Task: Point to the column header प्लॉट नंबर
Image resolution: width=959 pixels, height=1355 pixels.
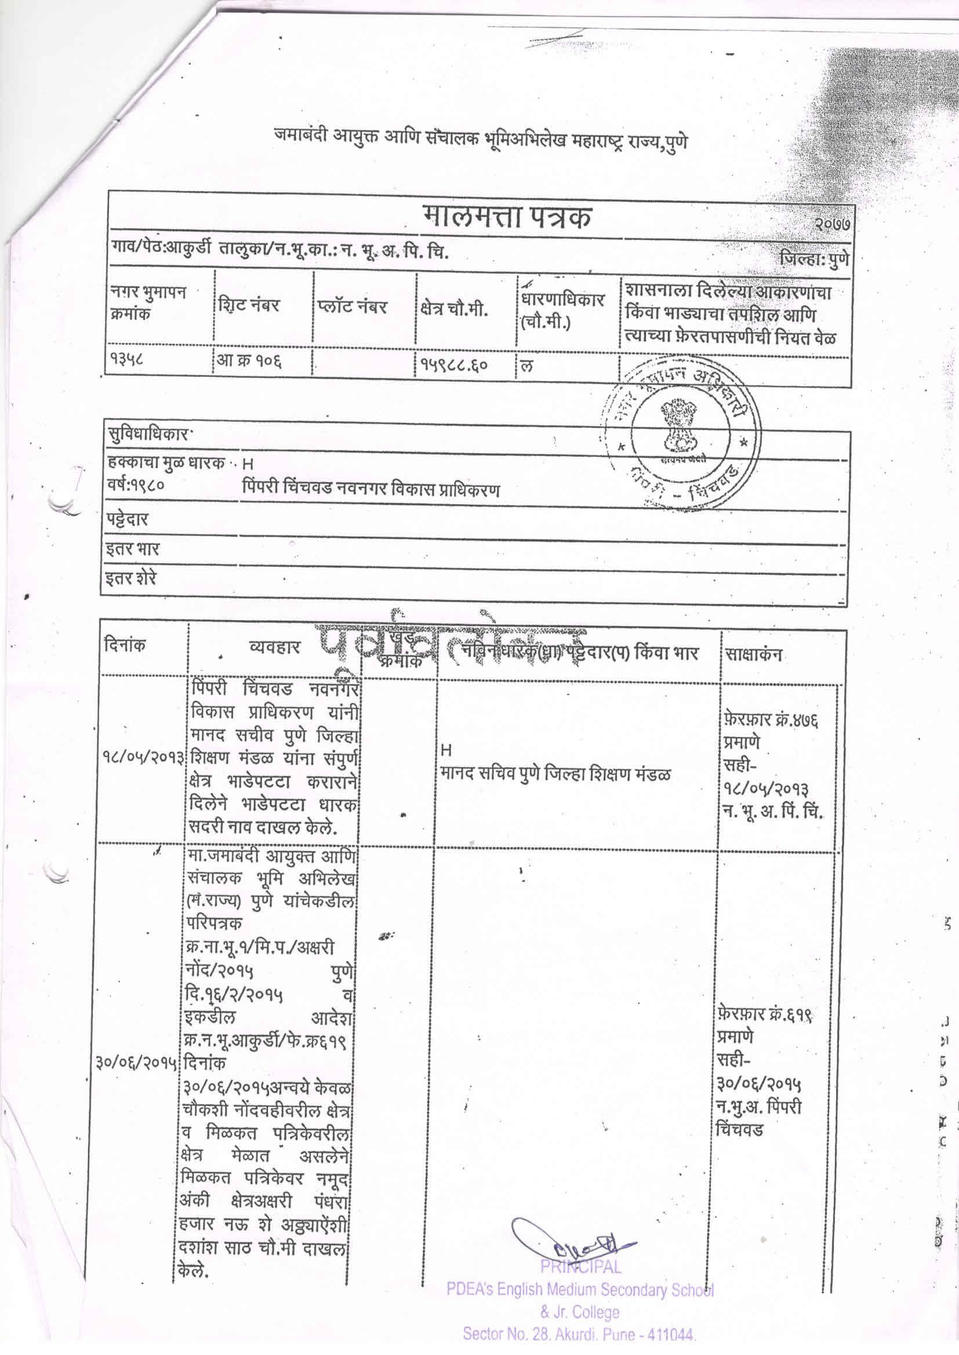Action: click(351, 308)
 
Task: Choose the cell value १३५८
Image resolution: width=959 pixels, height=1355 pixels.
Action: click(126, 361)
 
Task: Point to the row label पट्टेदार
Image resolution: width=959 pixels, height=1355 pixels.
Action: click(126, 520)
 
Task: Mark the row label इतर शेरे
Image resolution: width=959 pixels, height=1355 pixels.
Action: click(130, 577)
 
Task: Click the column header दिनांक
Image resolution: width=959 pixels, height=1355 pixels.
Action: click(124, 646)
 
